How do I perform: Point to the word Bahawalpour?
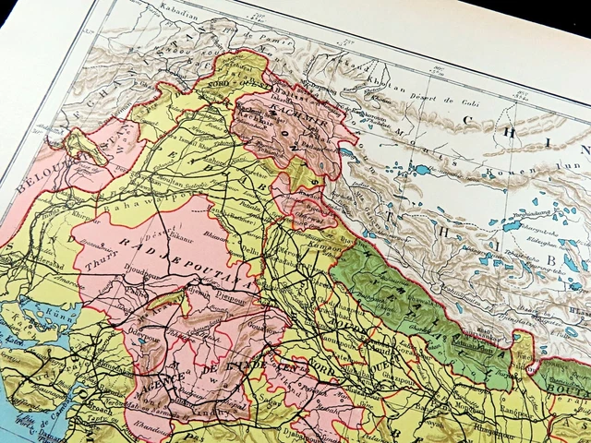[x=163, y=198]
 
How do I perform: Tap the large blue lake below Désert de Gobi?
[x=422, y=170]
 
